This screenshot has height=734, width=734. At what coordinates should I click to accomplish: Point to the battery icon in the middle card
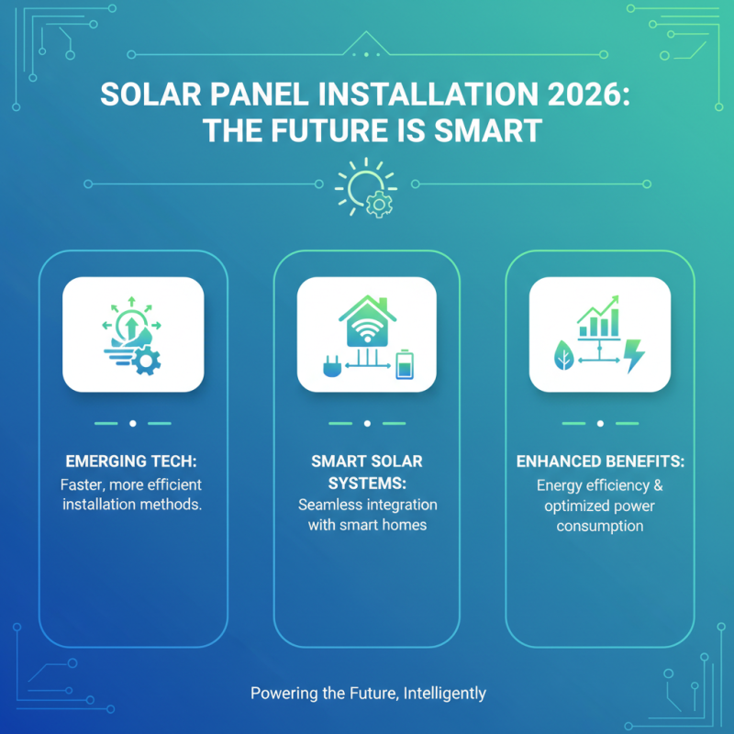[404, 366]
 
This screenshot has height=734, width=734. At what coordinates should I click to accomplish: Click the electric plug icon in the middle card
[329, 367]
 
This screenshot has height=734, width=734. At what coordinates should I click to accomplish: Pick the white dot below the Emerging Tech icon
[133, 424]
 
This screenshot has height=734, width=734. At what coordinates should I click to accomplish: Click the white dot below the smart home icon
[367, 424]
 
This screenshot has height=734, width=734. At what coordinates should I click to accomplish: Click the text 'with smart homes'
[367, 526]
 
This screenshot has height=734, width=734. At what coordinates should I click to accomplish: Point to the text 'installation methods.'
[132, 505]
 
